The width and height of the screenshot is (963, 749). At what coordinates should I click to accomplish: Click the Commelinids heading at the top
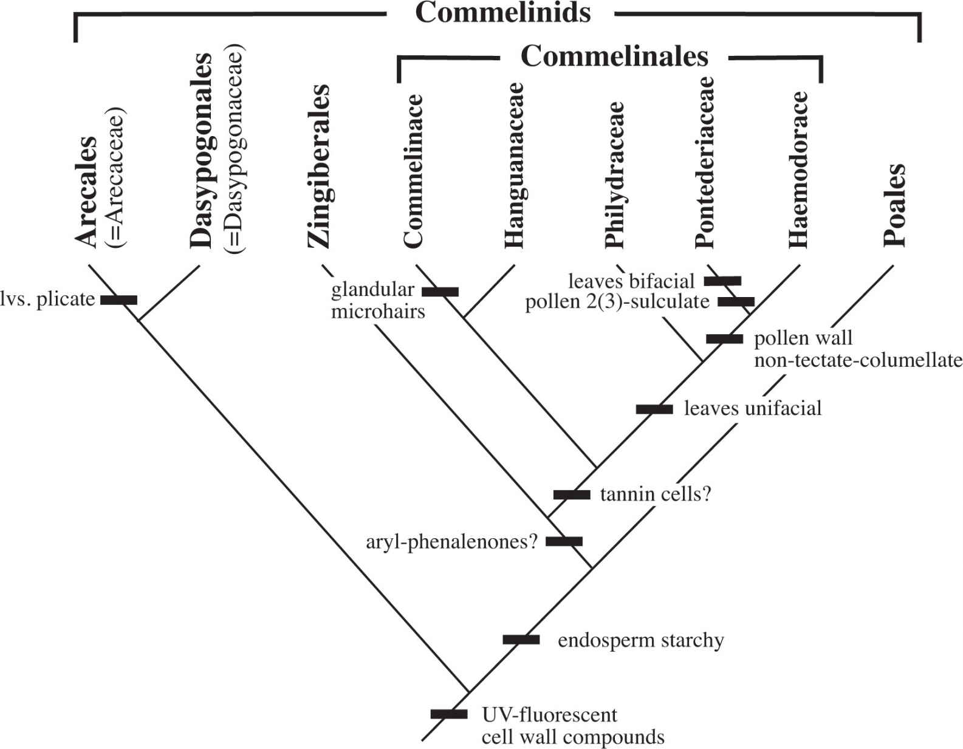[503, 13]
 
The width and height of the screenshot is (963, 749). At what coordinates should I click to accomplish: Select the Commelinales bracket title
[614, 56]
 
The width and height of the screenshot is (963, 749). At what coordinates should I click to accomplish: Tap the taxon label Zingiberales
[319, 166]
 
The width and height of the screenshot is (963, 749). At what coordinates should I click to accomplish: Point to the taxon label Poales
[894, 205]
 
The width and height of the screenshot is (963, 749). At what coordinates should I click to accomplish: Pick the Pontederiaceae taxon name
[705, 162]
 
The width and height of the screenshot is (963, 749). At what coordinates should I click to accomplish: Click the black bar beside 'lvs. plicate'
[118, 299]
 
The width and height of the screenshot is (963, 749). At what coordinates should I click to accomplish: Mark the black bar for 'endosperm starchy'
[521, 639]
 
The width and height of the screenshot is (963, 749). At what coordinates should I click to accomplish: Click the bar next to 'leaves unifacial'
[654, 409]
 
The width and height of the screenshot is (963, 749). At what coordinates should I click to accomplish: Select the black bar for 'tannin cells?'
[572, 494]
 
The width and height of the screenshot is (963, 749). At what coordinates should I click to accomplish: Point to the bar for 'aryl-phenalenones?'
[564, 541]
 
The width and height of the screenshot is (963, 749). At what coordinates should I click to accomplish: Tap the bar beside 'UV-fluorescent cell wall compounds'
[449, 714]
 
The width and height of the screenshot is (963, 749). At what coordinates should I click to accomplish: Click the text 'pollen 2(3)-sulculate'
[617, 302]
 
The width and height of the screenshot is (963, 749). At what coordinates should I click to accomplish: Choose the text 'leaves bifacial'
[631, 281]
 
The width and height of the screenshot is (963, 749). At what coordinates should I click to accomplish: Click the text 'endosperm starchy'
[640, 640]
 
